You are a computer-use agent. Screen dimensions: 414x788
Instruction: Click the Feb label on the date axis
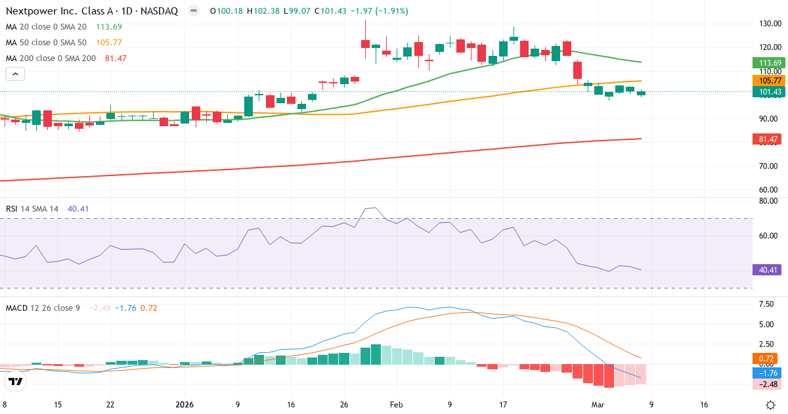[x=396, y=404]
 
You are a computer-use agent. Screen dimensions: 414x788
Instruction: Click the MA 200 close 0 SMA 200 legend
[x=51, y=58]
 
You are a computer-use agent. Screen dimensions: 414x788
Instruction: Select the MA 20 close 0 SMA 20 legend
[x=45, y=26]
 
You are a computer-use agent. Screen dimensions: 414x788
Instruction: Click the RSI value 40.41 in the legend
[x=78, y=208]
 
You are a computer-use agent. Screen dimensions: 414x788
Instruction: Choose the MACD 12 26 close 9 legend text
[x=43, y=308]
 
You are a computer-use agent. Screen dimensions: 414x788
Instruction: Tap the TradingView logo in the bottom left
[x=16, y=381]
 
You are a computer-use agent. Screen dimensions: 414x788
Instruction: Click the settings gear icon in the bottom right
[x=772, y=404]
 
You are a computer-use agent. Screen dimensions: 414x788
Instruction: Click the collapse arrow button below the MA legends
[x=15, y=74]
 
